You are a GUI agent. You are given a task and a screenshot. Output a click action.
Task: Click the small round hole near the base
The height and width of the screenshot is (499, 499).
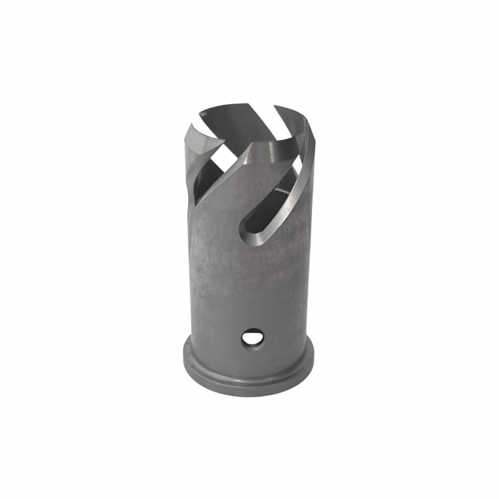pyautogui.click(x=252, y=339)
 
